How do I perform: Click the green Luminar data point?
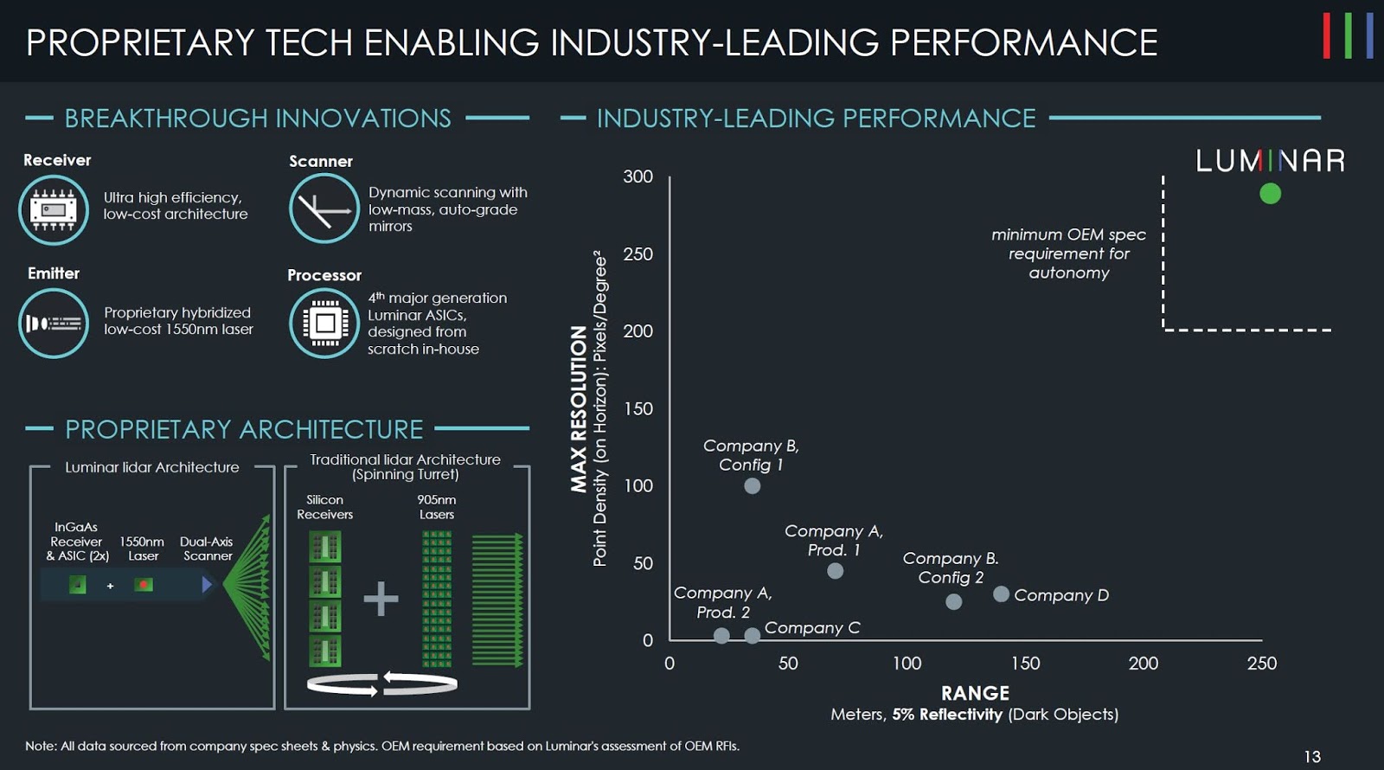[1270, 193]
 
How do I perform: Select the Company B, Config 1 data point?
[753, 485]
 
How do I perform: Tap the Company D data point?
[1001, 594]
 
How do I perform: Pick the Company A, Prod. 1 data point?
[835, 571]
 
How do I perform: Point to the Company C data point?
[753, 636]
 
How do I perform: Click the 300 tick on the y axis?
[638, 176]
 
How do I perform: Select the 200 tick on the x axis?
[1143, 664]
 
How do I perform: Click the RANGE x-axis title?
[975, 693]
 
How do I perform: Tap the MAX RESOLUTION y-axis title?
[579, 408]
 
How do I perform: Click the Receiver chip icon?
[54, 210]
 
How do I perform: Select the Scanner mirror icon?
[324, 209]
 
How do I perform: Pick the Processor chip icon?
[324, 323]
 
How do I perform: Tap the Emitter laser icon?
[54, 324]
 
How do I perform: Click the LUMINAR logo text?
[1270, 161]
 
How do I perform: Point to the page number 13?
[1312, 756]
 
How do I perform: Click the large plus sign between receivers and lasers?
[381, 599]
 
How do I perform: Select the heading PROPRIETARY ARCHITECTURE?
[244, 429]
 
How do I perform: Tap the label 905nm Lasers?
[437, 507]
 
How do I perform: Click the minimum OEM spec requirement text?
[1068, 253]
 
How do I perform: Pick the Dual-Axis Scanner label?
[207, 549]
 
